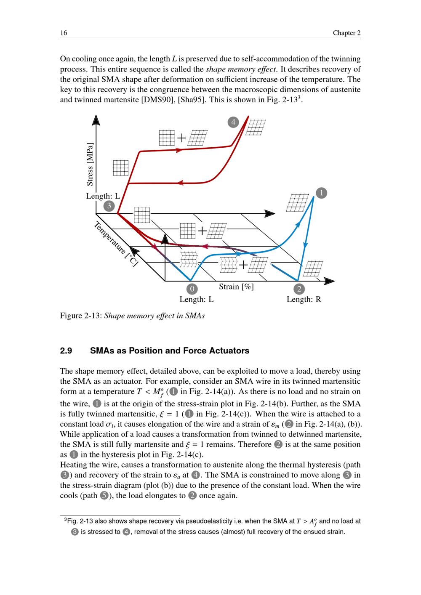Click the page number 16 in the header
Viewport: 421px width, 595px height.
pos(64,33)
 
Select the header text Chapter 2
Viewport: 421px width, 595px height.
pos(346,33)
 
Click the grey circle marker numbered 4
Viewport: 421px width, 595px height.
pos(233,122)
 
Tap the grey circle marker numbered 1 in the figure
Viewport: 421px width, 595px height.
pos(321,193)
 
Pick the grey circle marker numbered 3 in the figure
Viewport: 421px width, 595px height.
pos(109,206)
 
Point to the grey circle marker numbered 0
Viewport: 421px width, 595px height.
pos(192,289)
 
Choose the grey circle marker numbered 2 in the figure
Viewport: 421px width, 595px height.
pos(299,289)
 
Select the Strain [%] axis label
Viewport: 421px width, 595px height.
pos(236,287)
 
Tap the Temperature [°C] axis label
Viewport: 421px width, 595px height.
pos(116,244)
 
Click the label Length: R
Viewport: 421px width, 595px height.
pos(304,300)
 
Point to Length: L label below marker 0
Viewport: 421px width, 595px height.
pos(197,300)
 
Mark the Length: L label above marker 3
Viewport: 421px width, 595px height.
pos(103,196)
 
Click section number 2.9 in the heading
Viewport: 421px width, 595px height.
pos(66,351)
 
